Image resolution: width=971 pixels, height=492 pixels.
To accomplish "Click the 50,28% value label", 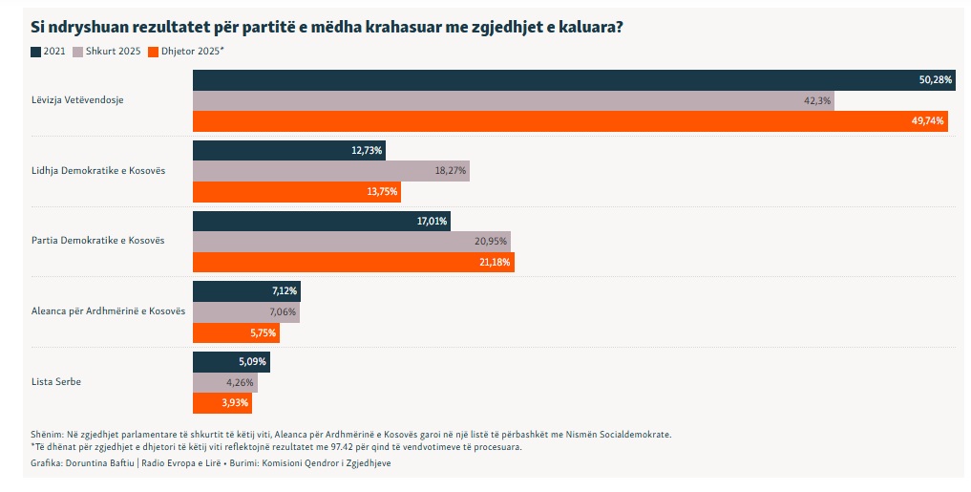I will (x=936, y=80).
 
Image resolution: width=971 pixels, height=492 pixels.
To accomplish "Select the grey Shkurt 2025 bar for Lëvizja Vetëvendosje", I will (x=513, y=101).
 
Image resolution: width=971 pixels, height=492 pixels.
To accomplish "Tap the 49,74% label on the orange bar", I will (x=927, y=121).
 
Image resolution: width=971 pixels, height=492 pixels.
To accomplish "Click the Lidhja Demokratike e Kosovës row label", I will (x=98, y=170).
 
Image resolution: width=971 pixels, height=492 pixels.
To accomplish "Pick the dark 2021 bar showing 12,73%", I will (x=288, y=150).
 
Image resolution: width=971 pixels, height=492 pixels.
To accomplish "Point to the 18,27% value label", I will (x=450, y=170).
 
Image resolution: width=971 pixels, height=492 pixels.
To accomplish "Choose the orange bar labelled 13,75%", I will (x=296, y=191).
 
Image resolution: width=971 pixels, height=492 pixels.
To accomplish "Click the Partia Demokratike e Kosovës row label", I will (x=98, y=240).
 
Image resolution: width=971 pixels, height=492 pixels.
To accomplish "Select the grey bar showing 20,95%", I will (x=351, y=240).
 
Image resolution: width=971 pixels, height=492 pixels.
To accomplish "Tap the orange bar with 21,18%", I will (x=353, y=261).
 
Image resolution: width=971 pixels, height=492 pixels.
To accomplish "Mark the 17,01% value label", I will (x=432, y=221).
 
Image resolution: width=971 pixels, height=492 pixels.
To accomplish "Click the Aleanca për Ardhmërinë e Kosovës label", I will (x=108, y=311).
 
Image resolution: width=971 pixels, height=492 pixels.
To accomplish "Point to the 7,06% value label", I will (x=283, y=312).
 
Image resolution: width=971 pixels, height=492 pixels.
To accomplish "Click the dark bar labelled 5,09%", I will (x=231, y=362).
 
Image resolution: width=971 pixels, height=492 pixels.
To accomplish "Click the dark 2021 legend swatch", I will (x=36, y=51).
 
